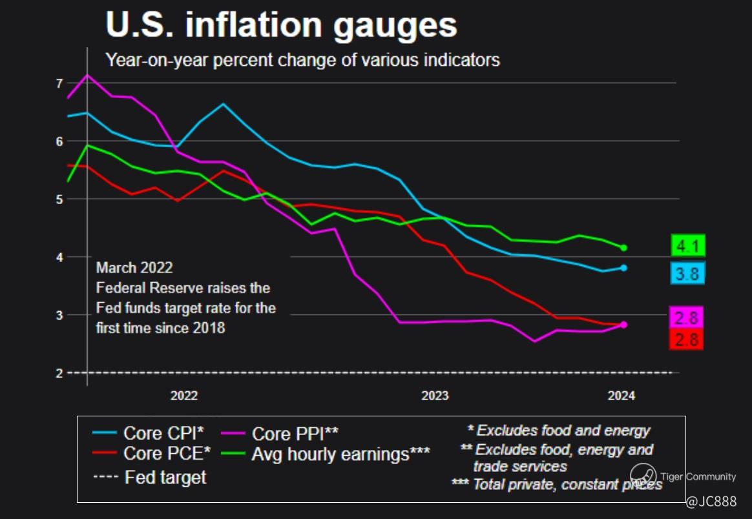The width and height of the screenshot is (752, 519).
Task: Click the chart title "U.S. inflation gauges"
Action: [281, 25]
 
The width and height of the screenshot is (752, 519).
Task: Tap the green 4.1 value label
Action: [687, 246]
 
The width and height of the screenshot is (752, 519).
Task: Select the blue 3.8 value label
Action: [687, 274]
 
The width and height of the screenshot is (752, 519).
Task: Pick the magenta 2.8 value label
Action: [686, 318]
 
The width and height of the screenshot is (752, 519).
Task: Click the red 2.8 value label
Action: [686, 340]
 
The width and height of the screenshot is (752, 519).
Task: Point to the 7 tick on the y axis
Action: [59, 83]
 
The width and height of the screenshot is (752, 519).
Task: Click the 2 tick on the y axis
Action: [59, 373]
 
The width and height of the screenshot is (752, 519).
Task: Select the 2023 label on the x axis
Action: [435, 396]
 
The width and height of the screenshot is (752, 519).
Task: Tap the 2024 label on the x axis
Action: [621, 396]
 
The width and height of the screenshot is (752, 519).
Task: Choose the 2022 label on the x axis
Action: [184, 396]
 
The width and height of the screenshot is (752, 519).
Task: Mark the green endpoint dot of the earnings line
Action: [623, 247]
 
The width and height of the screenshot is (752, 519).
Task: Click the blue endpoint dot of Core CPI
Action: [623, 268]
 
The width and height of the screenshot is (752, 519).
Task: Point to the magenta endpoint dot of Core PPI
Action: [623, 325]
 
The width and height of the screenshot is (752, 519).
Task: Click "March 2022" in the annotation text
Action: [134, 268]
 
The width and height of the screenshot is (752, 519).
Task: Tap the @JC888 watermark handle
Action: [711, 502]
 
